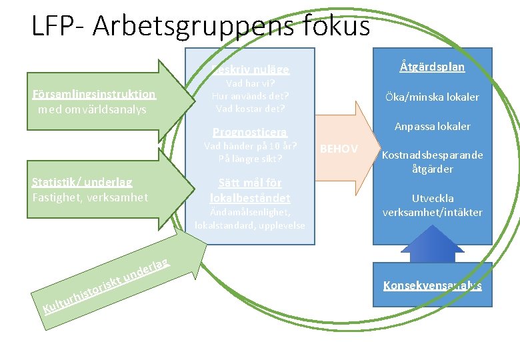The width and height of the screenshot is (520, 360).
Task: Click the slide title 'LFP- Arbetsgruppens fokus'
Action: point(200,26)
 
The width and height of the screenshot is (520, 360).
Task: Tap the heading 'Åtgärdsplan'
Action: point(432,67)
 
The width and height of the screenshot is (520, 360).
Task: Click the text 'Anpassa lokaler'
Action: point(432,126)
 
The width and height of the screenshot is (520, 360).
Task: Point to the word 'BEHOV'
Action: point(339,149)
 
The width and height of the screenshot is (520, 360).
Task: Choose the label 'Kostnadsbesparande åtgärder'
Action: point(431,162)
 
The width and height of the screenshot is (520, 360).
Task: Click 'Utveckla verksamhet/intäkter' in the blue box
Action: point(432,205)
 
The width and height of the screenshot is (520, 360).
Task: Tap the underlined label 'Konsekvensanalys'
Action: point(432,285)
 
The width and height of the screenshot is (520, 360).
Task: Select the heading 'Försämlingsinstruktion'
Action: point(94,95)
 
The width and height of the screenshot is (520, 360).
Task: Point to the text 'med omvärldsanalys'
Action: point(93,109)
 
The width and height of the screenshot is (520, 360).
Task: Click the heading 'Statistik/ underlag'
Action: point(82,182)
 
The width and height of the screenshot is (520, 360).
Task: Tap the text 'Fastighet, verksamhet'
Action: point(90,197)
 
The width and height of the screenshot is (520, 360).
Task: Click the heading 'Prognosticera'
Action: point(250,131)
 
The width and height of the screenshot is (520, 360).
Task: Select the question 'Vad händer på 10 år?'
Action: point(250,146)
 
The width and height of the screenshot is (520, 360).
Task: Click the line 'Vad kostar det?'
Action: point(250,108)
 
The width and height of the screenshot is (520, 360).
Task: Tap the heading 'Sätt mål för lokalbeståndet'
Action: point(250,190)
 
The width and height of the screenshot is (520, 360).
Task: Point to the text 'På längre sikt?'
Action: point(250,159)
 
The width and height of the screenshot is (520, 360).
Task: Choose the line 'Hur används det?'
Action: point(250,96)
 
